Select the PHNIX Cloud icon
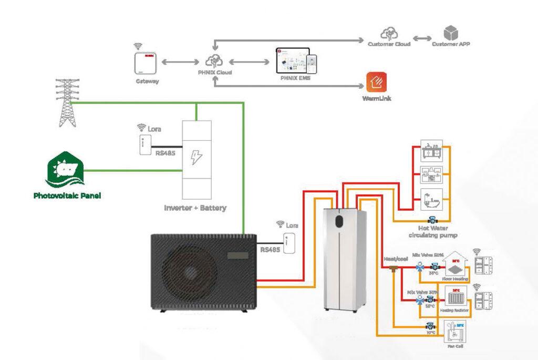tap(215, 60)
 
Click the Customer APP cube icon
tap(451, 33)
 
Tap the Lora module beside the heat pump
tap(289, 243)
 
